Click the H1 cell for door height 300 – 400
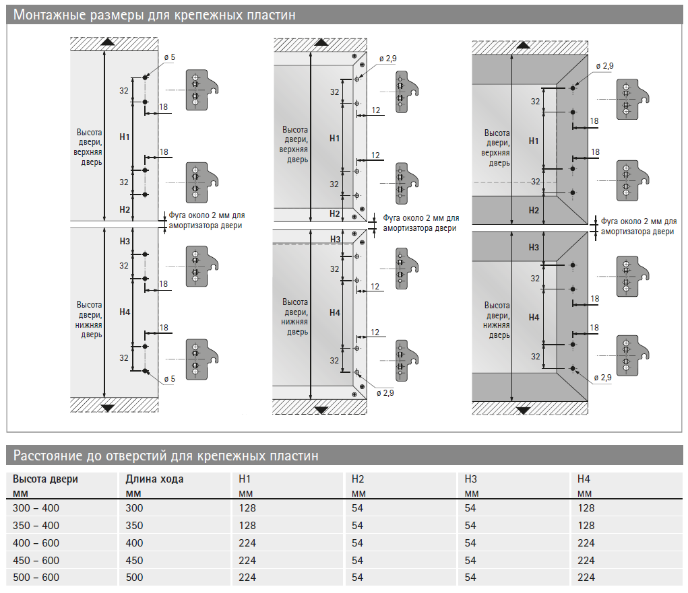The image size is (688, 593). pos(247,508)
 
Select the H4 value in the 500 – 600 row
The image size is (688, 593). pos(586,578)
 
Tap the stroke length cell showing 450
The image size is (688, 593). pos(135,560)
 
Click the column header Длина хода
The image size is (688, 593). pos(154,479)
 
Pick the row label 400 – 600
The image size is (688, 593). pos(36,543)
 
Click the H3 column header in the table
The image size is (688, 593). pos(470,479)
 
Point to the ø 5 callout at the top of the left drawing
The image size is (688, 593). pos(168,58)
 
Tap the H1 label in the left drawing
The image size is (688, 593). pos(124,137)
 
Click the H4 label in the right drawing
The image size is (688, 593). pos(534,317)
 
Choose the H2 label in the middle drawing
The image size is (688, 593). pos(335,213)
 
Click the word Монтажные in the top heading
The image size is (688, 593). pos(48,15)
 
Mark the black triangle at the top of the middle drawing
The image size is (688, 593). pos(321,42)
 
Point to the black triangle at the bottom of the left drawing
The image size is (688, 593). pos(107,407)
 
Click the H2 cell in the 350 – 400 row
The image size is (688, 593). pos(358,526)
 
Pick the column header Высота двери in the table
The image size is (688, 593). pos(45,479)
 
